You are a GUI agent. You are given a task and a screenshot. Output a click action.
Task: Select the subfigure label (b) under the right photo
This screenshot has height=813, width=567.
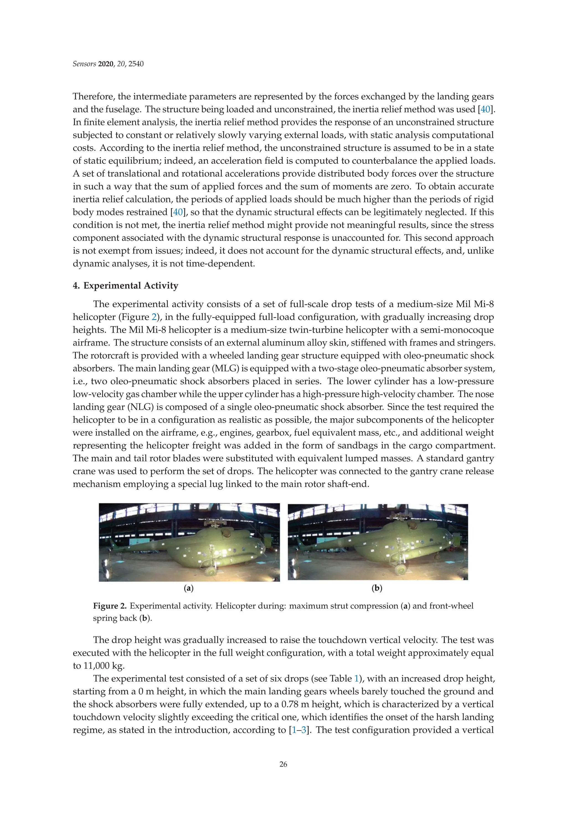pos(377,588)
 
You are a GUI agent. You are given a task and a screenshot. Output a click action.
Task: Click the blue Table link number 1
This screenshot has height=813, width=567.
pos(356,679)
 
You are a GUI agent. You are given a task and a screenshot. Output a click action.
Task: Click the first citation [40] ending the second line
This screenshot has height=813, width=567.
pos(485,110)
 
